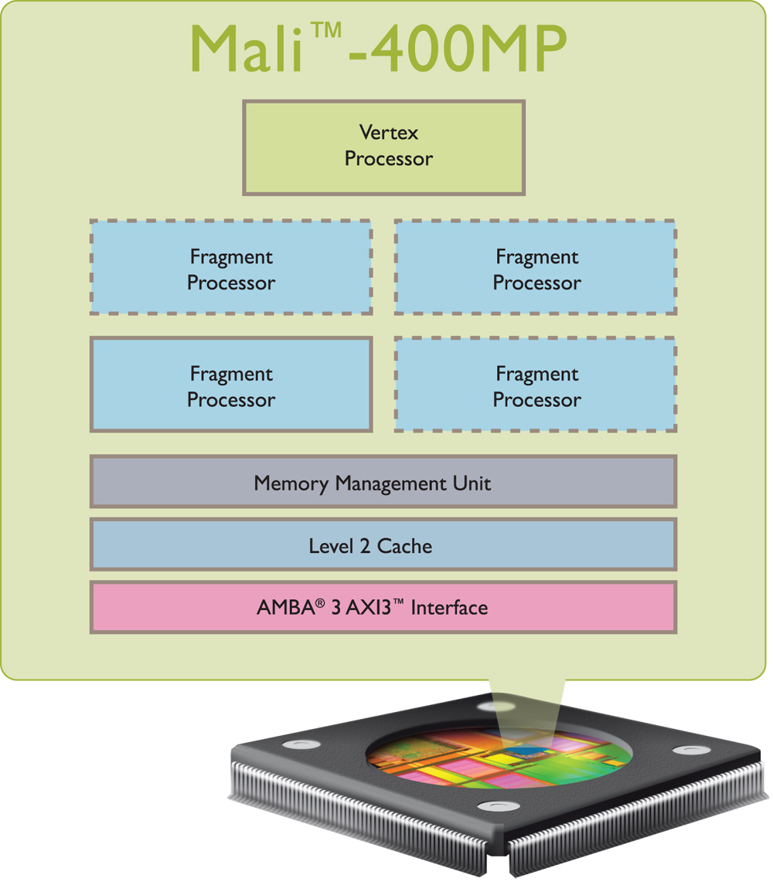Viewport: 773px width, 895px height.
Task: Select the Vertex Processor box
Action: (384, 147)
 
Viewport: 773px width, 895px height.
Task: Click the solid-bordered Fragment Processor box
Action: (231, 384)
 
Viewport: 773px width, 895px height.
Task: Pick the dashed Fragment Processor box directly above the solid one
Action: (231, 267)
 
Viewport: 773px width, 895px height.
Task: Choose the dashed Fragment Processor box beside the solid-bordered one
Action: (536, 384)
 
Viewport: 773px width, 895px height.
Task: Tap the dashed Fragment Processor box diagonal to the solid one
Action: (536, 267)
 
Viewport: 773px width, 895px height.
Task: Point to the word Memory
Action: (291, 484)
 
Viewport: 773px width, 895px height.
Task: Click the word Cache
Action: (405, 547)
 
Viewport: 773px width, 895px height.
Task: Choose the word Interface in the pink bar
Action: (449, 609)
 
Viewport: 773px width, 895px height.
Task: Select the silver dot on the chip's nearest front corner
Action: (491, 807)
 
